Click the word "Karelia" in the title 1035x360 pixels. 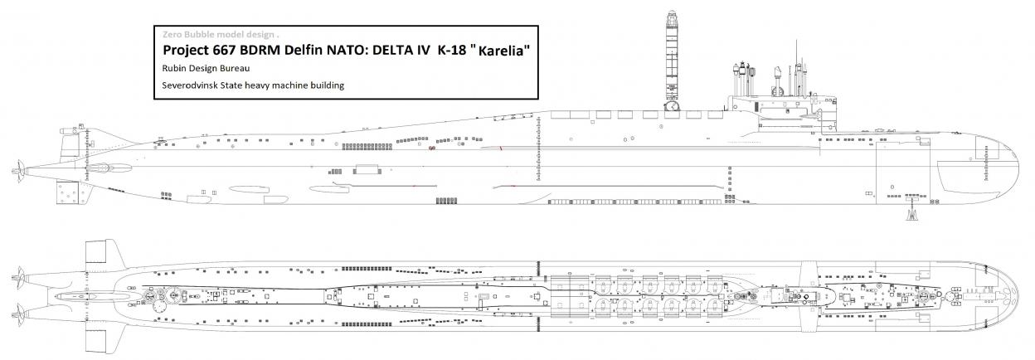coord(501,50)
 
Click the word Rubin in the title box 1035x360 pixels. coord(173,68)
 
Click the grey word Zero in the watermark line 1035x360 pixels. coord(172,34)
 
